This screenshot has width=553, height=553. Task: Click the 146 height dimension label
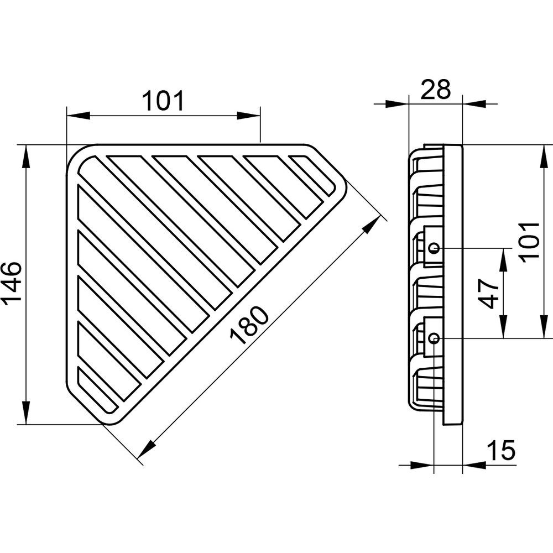[x=12, y=284]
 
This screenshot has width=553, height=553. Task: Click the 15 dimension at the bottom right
[x=501, y=450]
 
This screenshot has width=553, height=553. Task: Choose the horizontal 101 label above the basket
[x=163, y=101]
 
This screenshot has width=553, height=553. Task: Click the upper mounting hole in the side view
[x=434, y=248]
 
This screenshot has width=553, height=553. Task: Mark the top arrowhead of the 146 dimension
[x=26, y=157]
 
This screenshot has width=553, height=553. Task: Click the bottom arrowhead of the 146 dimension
[x=26, y=413]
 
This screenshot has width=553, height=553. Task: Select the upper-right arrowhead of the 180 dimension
[x=372, y=225]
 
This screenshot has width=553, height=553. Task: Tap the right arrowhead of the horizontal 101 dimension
[x=249, y=116]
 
